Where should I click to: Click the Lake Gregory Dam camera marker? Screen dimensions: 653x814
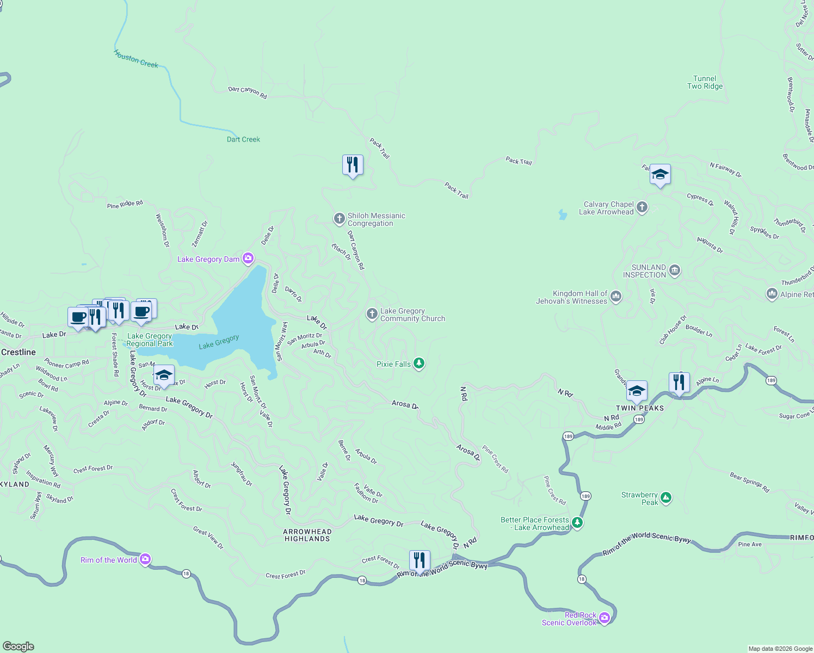click(248, 258)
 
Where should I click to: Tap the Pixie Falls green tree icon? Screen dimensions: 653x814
click(418, 363)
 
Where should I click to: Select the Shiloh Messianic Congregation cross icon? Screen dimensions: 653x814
click(339, 219)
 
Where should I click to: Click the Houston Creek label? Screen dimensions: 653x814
click(136, 59)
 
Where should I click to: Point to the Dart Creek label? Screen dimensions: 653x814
click(243, 139)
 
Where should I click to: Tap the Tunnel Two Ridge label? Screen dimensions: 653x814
click(705, 82)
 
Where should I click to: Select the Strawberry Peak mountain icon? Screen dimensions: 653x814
click(665, 497)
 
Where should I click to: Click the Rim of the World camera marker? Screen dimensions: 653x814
click(145, 559)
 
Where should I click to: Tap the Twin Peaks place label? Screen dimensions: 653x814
click(639, 408)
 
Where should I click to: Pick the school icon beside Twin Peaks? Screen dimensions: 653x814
click(637, 391)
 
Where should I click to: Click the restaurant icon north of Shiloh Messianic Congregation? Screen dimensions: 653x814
click(353, 164)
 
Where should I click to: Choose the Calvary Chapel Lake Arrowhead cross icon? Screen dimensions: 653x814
click(642, 207)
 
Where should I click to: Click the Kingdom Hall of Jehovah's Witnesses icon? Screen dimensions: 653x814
click(615, 296)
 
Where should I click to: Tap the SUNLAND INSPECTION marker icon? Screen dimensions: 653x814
click(674, 270)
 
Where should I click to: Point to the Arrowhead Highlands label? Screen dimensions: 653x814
click(307, 535)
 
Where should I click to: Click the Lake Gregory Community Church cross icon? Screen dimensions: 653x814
click(372, 313)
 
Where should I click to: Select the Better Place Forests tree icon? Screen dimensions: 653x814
click(577, 522)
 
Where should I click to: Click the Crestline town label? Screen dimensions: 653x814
click(18, 352)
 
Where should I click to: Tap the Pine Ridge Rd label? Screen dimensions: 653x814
click(125, 204)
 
